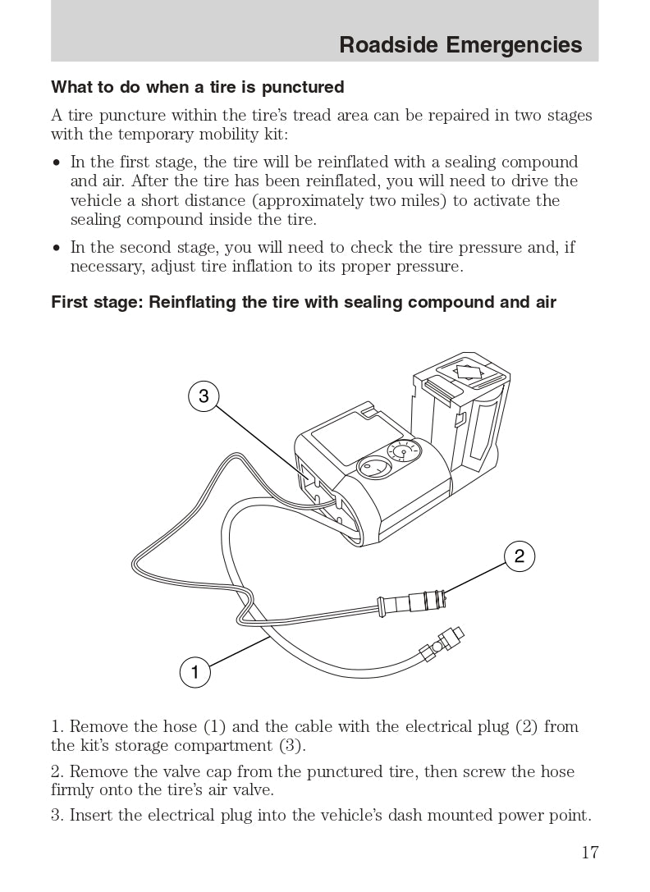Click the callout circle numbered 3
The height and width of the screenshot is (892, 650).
pos(204,396)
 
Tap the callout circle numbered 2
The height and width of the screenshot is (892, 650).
pos(520,556)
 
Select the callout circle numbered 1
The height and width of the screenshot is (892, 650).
pos(195,672)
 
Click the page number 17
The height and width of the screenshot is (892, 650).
pos(590,852)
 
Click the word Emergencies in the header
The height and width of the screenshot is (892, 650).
pos(514,45)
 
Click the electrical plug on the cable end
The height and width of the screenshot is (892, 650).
pos(411,602)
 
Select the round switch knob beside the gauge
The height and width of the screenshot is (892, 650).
pos(373,469)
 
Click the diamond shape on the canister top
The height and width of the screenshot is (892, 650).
pos(469,372)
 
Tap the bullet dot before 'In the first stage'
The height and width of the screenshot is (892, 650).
pos(57,162)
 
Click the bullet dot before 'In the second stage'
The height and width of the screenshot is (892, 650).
pos(57,248)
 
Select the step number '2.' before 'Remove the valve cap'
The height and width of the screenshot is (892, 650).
pos(57,772)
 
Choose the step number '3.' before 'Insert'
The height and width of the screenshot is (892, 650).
pos(57,816)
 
